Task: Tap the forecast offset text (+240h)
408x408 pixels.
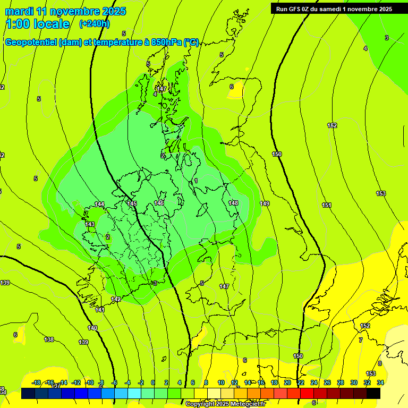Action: (95, 23)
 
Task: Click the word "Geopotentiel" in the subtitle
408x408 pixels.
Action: (30, 42)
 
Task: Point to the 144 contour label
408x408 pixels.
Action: (99, 204)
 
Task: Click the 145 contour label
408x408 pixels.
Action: (132, 203)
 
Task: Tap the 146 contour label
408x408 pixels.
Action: (159, 203)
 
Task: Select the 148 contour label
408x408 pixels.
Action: (233, 203)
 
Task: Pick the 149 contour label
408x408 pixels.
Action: (265, 203)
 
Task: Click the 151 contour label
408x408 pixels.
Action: (327, 205)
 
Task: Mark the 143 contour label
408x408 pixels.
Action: (90, 224)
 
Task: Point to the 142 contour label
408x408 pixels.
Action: (116, 299)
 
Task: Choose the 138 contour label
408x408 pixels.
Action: (49, 339)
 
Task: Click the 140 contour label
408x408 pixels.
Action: (93, 328)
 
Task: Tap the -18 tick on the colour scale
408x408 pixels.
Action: (37, 382)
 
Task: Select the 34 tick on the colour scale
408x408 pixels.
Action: (380, 382)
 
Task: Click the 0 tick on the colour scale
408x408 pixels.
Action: (153, 382)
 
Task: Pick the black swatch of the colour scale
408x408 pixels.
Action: (373, 393)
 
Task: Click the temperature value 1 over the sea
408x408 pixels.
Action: (196, 181)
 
